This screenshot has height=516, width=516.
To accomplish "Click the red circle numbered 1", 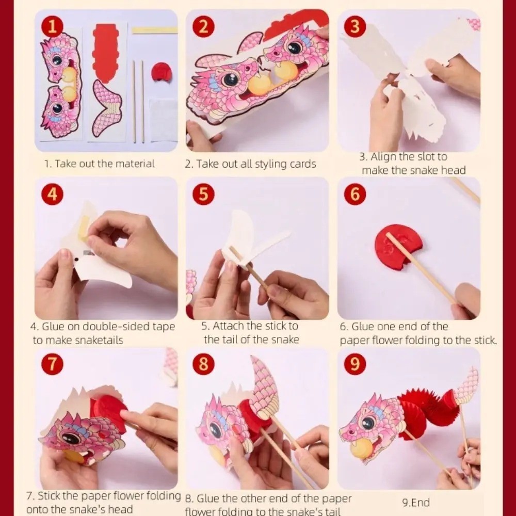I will point(52,26).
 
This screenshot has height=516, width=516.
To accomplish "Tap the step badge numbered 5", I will point(203,195).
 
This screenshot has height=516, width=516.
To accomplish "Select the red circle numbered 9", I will point(354,364).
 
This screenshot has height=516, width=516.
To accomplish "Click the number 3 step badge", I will point(354,26).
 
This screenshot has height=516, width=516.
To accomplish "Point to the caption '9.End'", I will point(415,502).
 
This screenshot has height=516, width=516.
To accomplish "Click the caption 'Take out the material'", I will point(99,164).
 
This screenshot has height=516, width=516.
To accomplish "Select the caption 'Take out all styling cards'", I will point(250,164).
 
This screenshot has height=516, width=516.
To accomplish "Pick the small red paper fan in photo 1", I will point(161,72).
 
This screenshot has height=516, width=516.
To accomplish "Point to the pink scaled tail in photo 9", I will point(465,387).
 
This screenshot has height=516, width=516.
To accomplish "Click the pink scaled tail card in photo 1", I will point(107,108).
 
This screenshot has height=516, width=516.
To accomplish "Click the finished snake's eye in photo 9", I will point(368,422).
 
